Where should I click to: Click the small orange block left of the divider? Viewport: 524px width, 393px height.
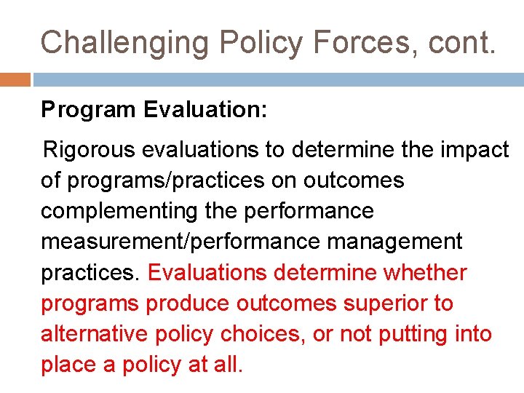click(x=15, y=79)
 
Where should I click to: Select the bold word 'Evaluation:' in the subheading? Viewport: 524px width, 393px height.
click(x=206, y=111)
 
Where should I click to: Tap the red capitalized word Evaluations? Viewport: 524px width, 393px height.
click(x=209, y=272)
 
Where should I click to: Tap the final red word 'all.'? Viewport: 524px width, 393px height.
click(x=227, y=364)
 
